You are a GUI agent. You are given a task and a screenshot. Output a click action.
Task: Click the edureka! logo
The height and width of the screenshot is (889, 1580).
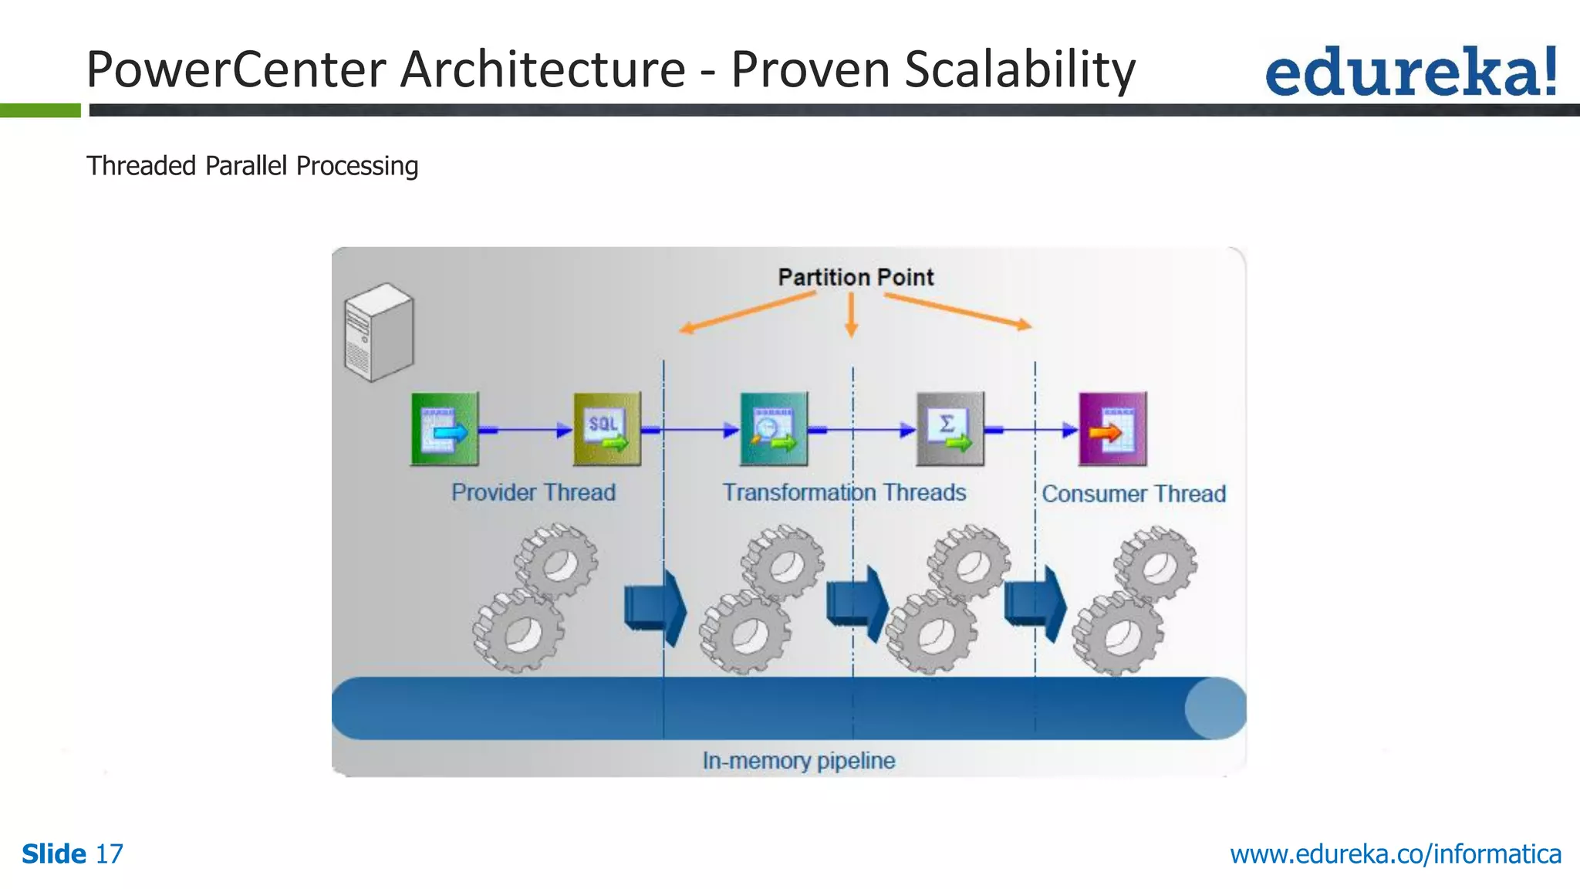pyautogui.click(x=1410, y=72)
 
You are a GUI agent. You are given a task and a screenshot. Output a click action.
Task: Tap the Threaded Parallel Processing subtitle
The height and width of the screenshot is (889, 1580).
pyautogui.click(x=252, y=166)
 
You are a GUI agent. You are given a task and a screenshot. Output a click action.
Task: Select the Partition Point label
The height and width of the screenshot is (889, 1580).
pyautogui.click(x=855, y=277)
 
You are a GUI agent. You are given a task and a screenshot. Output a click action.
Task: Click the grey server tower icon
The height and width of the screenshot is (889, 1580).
pyautogui.click(x=378, y=332)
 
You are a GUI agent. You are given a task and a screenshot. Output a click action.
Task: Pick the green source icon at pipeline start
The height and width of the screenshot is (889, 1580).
pyautogui.click(x=444, y=429)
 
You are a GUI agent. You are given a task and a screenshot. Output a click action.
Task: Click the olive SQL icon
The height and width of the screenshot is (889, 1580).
pyautogui.click(x=606, y=429)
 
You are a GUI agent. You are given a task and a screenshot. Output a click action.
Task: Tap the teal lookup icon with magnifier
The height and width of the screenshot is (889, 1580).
pyautogui.click(x=773, y=429)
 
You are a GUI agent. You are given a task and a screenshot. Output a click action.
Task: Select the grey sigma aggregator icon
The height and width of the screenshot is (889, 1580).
pyautogui.click(x=950, y=429)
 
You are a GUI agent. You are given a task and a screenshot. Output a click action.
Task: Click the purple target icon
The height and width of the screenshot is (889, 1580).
pyautogui.click(x=1112, y=429)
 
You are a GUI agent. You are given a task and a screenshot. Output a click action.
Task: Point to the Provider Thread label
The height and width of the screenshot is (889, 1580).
pyautogui.click(x=533, y=492)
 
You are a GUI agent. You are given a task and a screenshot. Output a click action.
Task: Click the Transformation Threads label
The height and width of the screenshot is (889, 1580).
pyautogui.click(x=843, y=492)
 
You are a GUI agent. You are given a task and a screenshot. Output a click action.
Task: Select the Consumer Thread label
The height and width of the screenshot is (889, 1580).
pyautogui.click(x=1133, y=494)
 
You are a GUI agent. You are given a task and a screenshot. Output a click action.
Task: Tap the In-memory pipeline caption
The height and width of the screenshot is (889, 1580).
pyautogui.click(x=798, y=761)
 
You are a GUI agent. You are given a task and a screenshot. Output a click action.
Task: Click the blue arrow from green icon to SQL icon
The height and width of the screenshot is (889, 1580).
pyautogui.click(x=525, y=430)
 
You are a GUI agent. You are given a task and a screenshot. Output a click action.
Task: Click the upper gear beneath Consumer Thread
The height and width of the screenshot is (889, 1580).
pyautogui.click(x=1155, y=564)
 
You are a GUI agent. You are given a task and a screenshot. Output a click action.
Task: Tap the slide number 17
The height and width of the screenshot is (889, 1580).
pyautogui.click(x=109, y=854)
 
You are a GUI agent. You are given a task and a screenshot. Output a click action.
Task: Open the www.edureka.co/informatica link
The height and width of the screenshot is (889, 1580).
pyautogui.click(x=1395, y=854)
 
